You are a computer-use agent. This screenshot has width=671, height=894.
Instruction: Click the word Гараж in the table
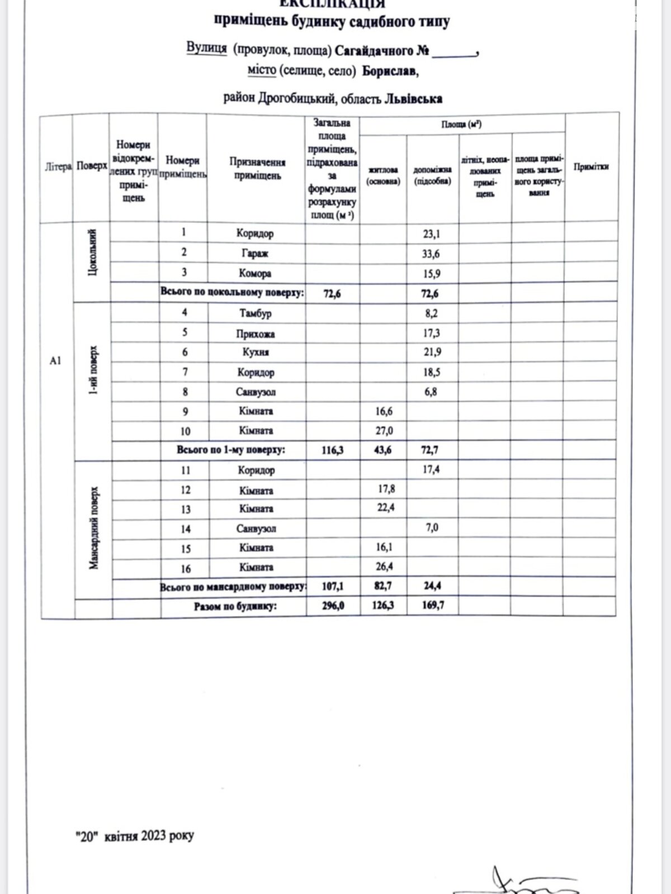(255, 254)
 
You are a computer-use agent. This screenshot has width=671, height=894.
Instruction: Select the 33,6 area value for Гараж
(431, 254)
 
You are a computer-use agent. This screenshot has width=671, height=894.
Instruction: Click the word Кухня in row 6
(256, 352)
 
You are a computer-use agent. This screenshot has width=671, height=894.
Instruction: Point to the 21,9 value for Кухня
(432, 352)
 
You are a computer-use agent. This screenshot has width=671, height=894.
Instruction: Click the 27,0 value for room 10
(384, 431)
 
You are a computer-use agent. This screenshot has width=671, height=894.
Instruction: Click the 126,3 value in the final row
(384, 605)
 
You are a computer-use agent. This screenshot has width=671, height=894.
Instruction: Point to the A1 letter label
(55, 361)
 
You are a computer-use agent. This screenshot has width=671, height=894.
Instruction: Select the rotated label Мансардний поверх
(94, 527)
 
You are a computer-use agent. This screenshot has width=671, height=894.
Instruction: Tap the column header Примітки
(591, 167)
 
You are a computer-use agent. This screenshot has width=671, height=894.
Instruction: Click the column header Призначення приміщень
(257, 169)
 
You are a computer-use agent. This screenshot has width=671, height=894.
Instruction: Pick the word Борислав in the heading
(390, 72)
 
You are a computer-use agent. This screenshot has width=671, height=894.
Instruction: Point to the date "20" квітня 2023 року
(135, 836)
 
